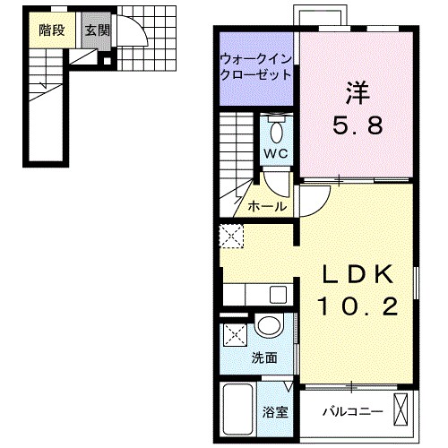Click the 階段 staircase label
pyautogui.click(x=52, y=30)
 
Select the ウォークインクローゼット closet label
pyautogui.click(x=254, y=67)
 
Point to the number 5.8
pyautogui.click(x=358, y=125)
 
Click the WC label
pyautogui.click(x=274, y=153)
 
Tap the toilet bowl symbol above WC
pyautogui.click(x=275, y=133)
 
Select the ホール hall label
pyautogui.click(x=266, y=206)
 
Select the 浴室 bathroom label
pyautogui.click(x=275, y=413)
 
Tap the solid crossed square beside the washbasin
pyautogui.click(x=236, y=335)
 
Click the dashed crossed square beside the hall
pyautogui.click(x=231, y=237)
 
